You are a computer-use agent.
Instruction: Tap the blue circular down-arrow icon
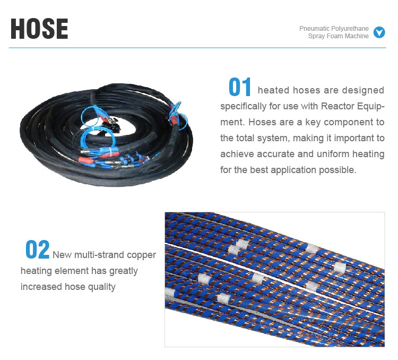click(x=379, y=32)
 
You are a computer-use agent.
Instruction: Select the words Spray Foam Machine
click(x=339, y=36)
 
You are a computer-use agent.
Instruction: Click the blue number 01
click(x=240, y=88)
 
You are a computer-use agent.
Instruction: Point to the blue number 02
click(x=37, y=250)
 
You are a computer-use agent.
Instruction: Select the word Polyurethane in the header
click(x=351, y=29)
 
